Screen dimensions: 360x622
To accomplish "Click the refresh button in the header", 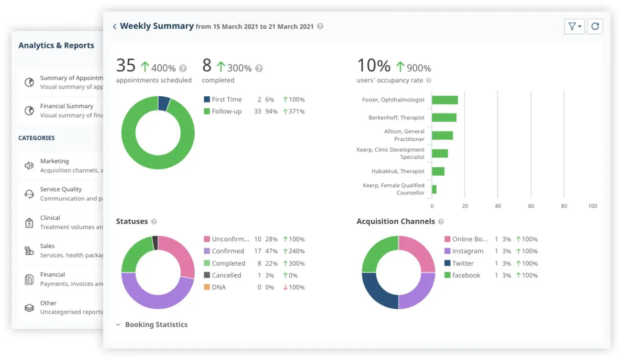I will tap(595, 26).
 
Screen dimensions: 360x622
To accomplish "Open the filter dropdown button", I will tap(574, 26).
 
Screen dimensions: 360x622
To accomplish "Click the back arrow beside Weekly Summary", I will tap(114, 27).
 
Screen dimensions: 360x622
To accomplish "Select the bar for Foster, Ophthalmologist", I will tap(444, 100).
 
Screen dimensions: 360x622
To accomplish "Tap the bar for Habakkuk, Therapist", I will tap(438, 171).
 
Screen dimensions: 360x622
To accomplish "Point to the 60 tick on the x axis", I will tap(531, 206).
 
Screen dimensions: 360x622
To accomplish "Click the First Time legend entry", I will tap(226, 100).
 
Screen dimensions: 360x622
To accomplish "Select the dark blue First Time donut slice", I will tap(164, 103).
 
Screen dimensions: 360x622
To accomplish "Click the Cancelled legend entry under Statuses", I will tap(226, 275).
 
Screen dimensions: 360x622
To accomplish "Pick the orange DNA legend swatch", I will tap(207, 287).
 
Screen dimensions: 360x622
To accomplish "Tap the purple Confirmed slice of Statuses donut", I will tap(155, 295).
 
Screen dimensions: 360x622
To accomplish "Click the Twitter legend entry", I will tap(463, 263).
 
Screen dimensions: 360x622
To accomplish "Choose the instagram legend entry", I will tap(467, 251).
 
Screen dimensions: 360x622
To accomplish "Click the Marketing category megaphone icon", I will tap(29, 166).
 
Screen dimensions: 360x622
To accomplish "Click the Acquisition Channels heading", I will tap(396, 222).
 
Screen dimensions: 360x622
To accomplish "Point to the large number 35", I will tap(126, 66).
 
